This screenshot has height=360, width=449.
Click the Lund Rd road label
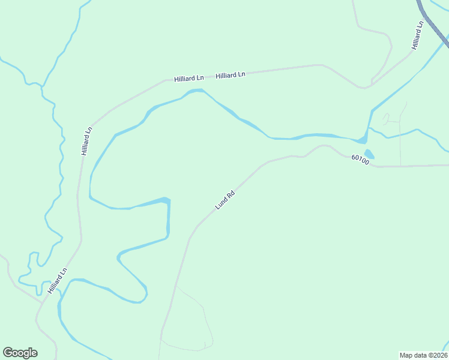[x=224, y=200]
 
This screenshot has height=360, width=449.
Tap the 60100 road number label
[x=360, y=160]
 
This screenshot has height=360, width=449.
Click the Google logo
[x=20, y=353]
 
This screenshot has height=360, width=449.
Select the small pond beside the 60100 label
[x=369, y=154]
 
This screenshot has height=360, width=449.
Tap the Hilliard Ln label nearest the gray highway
[x=418, y=35]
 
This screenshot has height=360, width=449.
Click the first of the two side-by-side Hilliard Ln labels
[x=189, y=79]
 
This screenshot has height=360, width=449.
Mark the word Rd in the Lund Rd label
[x=230, y=194]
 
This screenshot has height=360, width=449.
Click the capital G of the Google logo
[x=8, y=352]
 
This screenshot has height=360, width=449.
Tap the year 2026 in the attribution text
[x=440, y=355]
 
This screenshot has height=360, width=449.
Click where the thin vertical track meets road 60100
[x=400, y=165]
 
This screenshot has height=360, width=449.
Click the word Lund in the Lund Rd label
[x=221, y=203]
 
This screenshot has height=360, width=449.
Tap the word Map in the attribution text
[x=406, y=355]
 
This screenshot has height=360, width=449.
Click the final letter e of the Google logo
[x=34, y=353]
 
